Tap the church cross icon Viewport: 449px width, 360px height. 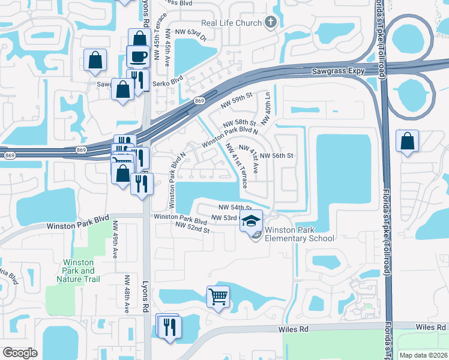tap(271, 23)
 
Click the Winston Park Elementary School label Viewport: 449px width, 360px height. tap(300, 234)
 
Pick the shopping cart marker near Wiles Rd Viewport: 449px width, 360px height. tap(218, 295)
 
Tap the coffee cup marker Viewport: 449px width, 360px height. tap(138, 56)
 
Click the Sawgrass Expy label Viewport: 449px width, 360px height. tap(339, 71)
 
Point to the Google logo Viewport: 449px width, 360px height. tap(20, 353)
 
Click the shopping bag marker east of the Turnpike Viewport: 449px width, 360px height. tap(408, 142)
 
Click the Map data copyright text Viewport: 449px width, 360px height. tap(423, 355)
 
